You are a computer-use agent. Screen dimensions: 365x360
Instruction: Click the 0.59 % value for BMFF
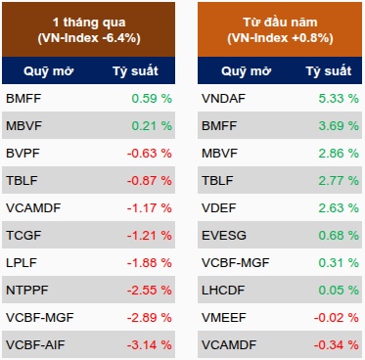pos(152,99)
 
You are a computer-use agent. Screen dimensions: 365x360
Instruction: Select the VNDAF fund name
pos(223,99)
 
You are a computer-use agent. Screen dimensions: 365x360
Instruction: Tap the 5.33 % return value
pos(339,99)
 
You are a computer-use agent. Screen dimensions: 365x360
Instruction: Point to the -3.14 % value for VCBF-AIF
pos(149,345)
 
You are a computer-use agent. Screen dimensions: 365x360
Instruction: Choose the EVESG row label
pos(224,236)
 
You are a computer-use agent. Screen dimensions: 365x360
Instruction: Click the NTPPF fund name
pos(27,291)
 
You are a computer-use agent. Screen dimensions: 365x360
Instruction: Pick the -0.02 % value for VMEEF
pos(337,318)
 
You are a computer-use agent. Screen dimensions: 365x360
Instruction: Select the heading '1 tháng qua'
pos(89,22)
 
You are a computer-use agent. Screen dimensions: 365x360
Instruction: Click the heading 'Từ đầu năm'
pos(280,22)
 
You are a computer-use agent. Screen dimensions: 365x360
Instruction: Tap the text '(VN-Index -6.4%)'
pos(89,38)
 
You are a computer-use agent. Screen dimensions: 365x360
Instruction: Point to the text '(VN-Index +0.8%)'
pos(280,38)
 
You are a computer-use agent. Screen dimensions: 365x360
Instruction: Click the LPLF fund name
pos(22,263)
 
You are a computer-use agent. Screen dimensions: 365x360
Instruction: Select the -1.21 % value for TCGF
pos(149,236)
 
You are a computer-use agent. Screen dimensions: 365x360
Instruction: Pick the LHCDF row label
pos(223,291)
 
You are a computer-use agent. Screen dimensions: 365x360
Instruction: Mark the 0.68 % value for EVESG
pos(339,236)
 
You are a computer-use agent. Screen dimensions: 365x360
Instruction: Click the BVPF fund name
pos(23,154)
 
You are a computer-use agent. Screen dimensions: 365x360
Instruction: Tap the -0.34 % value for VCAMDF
pos(337,345)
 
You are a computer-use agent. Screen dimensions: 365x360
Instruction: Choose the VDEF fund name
pos(218,208)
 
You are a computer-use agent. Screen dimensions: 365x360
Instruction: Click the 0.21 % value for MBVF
pos(152,126)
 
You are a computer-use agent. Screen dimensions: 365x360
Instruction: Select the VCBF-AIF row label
pos(35,345)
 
